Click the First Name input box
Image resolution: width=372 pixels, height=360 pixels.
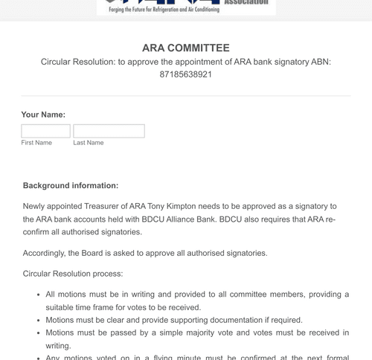click(45, 131)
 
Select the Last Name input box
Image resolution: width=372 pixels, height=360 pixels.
click(109, 131)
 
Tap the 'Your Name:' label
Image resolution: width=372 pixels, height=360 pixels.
click(43, 115)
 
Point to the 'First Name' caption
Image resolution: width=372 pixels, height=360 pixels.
click(36, 143)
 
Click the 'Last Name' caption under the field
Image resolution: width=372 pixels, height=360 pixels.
click(89, 143)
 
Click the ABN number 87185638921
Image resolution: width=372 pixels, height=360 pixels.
click(185, 75)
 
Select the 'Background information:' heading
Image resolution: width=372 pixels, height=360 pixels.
click(71, 185)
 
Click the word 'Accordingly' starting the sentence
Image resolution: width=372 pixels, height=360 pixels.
click(45, 253)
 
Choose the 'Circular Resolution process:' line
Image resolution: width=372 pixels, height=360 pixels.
click(73, 274)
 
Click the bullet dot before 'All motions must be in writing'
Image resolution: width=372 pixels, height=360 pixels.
click(38, 295)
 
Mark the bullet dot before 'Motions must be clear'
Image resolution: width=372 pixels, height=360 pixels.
click(38, 321)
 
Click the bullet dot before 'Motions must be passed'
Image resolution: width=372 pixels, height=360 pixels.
click(38, 333)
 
